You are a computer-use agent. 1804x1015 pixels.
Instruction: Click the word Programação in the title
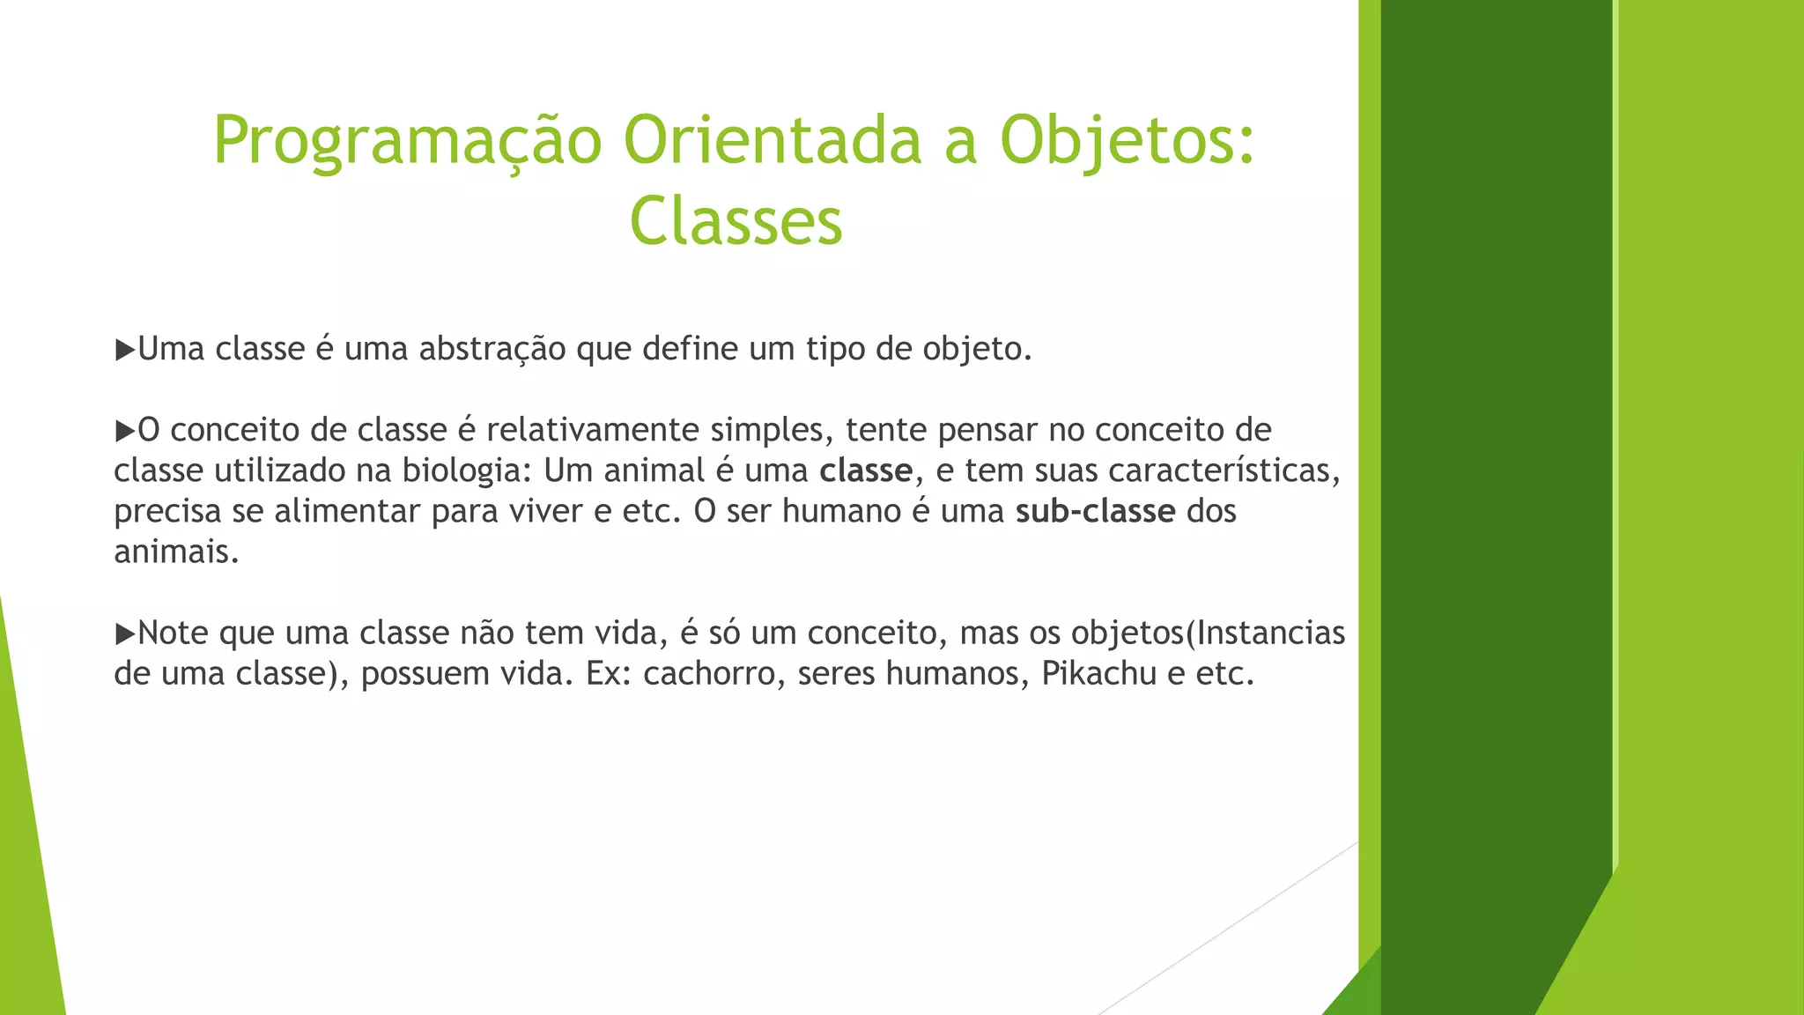tap(407, 141)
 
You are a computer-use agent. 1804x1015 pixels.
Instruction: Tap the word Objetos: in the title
tap(1127, 141)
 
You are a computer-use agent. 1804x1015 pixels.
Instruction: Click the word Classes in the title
tap(736, 221)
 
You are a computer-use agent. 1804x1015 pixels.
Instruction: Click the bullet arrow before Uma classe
tap(124, 350)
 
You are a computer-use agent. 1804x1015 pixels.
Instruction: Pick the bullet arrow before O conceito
tap(124, 431)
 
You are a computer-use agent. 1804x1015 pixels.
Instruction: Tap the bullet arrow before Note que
tap(124, 633)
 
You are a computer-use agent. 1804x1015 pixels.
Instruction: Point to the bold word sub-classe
tap(1095, 511)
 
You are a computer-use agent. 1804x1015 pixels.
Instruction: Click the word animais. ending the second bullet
tap(176, 552)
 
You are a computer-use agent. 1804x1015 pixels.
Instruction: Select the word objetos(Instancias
tap(1208, 633)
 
